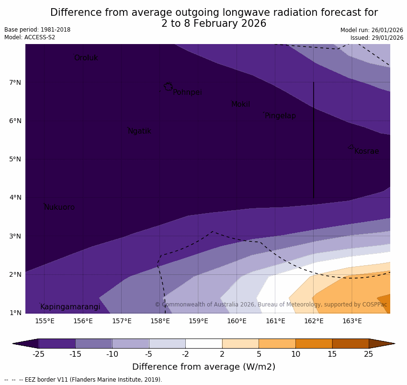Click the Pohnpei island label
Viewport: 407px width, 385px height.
point(187,92)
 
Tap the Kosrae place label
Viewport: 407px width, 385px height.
point(366,151)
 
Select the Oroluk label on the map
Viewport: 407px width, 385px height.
point(86,58)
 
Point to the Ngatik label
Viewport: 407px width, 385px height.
point(139,131)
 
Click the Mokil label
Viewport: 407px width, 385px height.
point(240,104)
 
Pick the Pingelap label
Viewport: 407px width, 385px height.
point(280,116)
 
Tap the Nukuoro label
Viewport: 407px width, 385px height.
point(59,207)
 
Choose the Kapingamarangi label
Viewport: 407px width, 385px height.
point(70,307)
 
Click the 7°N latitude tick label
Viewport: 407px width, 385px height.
point(15,82)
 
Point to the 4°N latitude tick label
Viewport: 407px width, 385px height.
point(15,197)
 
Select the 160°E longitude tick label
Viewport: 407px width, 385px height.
point(237,321)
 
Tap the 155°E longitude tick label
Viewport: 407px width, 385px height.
point(45,321)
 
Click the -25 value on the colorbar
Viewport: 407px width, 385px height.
point(38,354)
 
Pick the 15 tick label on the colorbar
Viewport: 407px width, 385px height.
point(332,354)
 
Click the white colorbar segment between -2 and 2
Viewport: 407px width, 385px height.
point(203,343)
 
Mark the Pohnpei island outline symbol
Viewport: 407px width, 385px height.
point(168,86)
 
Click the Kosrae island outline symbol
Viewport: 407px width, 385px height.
point(350,147)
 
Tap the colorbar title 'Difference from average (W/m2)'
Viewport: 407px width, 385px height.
point(203,367)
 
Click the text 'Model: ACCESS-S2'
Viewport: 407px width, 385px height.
point(30,37)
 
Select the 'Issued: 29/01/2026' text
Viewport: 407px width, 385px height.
point(376,38)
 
